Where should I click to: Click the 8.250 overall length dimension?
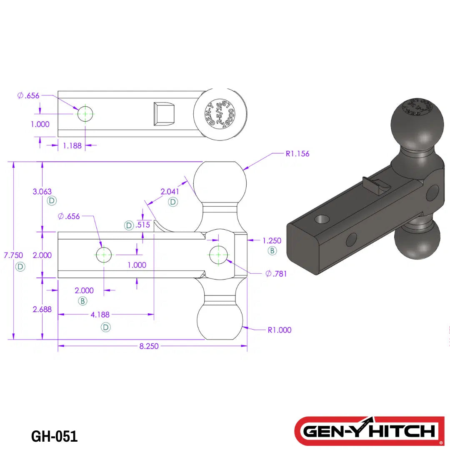149,346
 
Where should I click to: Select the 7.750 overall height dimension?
13,255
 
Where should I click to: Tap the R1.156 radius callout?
297,154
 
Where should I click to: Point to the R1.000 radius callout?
280,330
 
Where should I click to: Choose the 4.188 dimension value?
100,315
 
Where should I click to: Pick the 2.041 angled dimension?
170,192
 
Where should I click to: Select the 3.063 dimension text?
42,192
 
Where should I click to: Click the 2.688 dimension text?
42,309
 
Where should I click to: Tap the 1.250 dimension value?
272,240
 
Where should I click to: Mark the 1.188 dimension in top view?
72,146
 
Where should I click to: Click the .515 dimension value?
143,225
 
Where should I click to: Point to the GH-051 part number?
55,436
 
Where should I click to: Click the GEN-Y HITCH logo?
370,431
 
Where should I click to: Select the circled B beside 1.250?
272,251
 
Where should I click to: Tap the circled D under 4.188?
106,327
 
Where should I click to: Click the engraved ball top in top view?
220,113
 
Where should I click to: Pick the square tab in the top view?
164,113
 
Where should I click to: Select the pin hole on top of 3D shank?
322,220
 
